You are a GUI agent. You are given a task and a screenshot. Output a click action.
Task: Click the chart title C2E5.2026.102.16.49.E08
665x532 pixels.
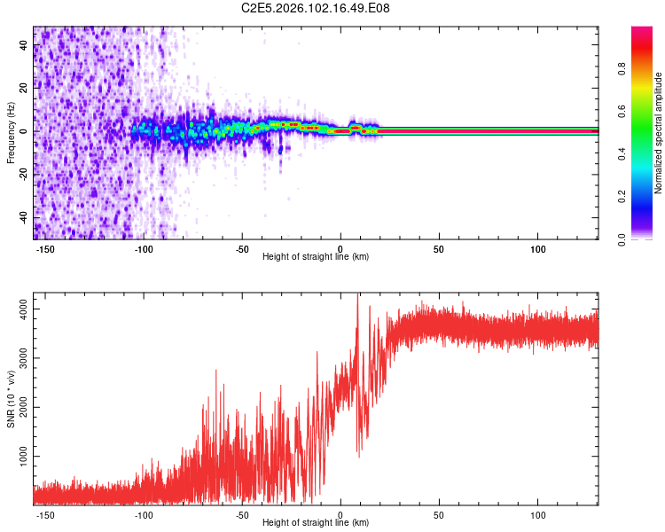317,9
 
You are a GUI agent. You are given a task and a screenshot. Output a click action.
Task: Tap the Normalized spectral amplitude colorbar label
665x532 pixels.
659,133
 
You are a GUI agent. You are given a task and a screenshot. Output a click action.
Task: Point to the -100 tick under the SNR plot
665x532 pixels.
143,514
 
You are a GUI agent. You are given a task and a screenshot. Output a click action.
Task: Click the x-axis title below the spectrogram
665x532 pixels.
316,256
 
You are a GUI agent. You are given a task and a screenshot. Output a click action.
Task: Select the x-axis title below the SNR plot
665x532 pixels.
316,522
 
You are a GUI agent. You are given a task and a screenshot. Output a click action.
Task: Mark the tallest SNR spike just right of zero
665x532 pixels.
357,296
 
